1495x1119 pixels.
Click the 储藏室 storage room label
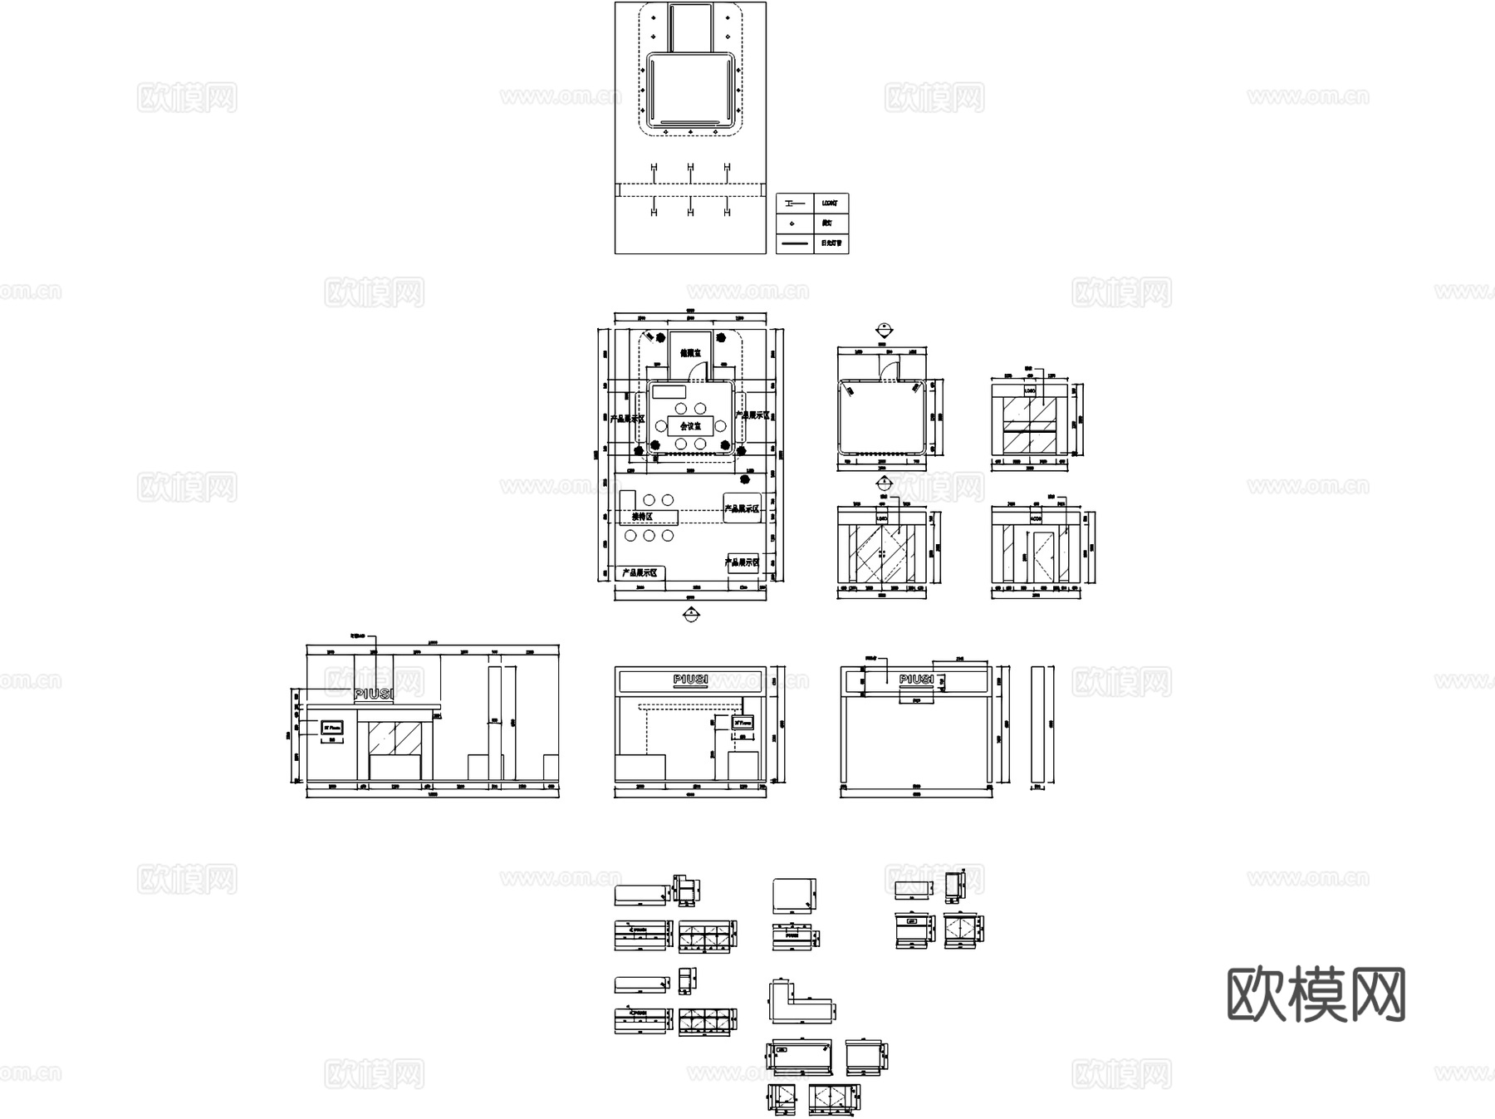click(690, 353)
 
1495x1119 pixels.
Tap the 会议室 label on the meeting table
click(690, 426)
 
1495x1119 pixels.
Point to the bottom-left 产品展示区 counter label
click(640, 572)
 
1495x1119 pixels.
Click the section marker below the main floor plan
click(690, 615)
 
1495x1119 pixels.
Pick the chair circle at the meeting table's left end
click(661, 426)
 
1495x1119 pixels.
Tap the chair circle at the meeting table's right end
click(721, 426)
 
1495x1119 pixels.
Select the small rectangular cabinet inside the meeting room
click(669, 391)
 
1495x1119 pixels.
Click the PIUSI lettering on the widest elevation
click(375, 694)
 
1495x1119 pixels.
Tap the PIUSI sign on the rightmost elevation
click(917, 680)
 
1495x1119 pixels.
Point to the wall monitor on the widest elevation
click(332, 727)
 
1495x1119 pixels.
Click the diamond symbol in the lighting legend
click(793, 223)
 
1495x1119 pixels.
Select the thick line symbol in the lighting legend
click(794, 243)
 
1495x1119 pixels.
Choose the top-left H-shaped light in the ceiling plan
click(654, 169)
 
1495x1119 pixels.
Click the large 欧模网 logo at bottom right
click(1316, 994)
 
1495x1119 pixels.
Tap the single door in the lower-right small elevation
click(1042, 555)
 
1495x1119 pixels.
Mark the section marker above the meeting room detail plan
click(884, 328)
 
